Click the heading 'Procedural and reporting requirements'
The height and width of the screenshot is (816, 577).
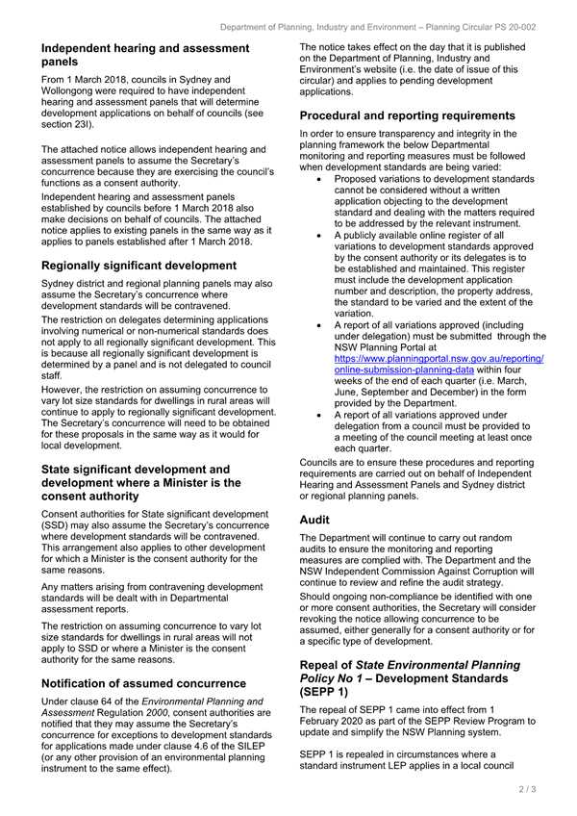tap(408, 115)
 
